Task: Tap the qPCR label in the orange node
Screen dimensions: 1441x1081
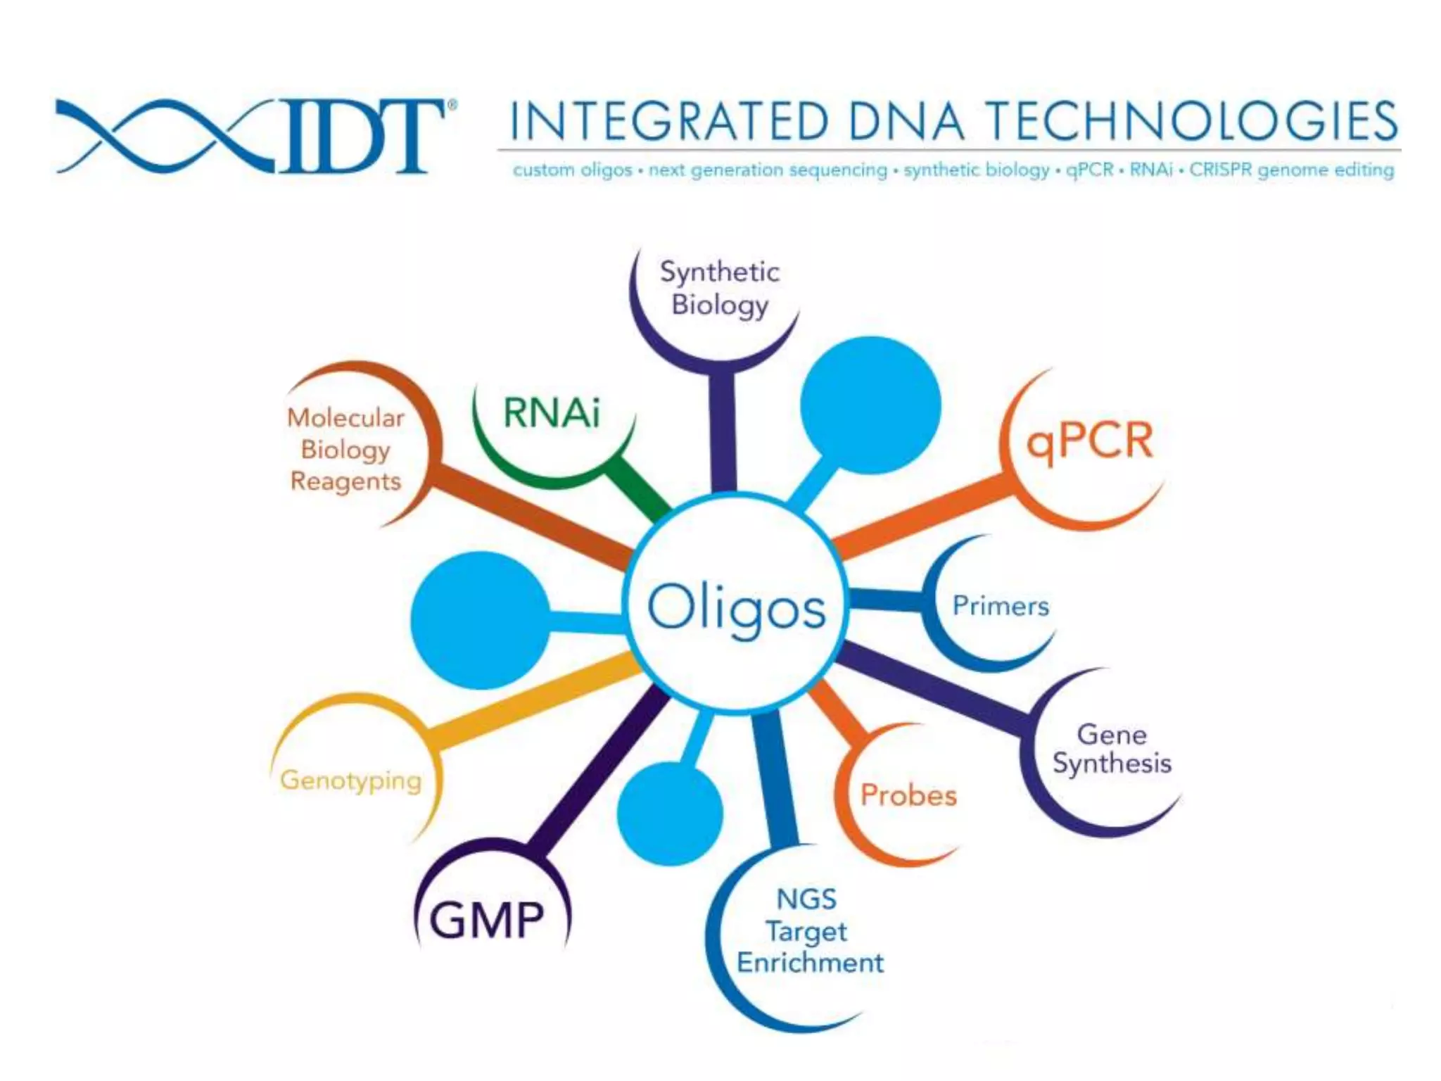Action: [1089, 442]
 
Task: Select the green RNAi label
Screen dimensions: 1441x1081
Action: [552, 412]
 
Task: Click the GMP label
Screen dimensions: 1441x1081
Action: [487, 920]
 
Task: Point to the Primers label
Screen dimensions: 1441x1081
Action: [1000, 606]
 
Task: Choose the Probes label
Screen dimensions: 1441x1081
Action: [908, 795]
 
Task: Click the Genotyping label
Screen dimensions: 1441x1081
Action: [350, 780]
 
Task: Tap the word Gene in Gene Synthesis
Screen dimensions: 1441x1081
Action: [1112, 734]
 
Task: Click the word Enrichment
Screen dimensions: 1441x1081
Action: [810, 962]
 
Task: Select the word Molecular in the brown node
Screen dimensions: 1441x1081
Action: [345, 417]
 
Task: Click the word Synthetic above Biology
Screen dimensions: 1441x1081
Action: [719, 272]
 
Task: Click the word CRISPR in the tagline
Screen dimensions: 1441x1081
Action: [1221, 170]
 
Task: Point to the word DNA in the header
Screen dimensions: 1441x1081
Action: [906, 121]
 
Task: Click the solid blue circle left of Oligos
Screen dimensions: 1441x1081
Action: [481, 620]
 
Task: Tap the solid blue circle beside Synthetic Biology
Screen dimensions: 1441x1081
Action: [870, 405]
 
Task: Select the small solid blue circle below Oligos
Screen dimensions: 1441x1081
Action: [670, 813]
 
